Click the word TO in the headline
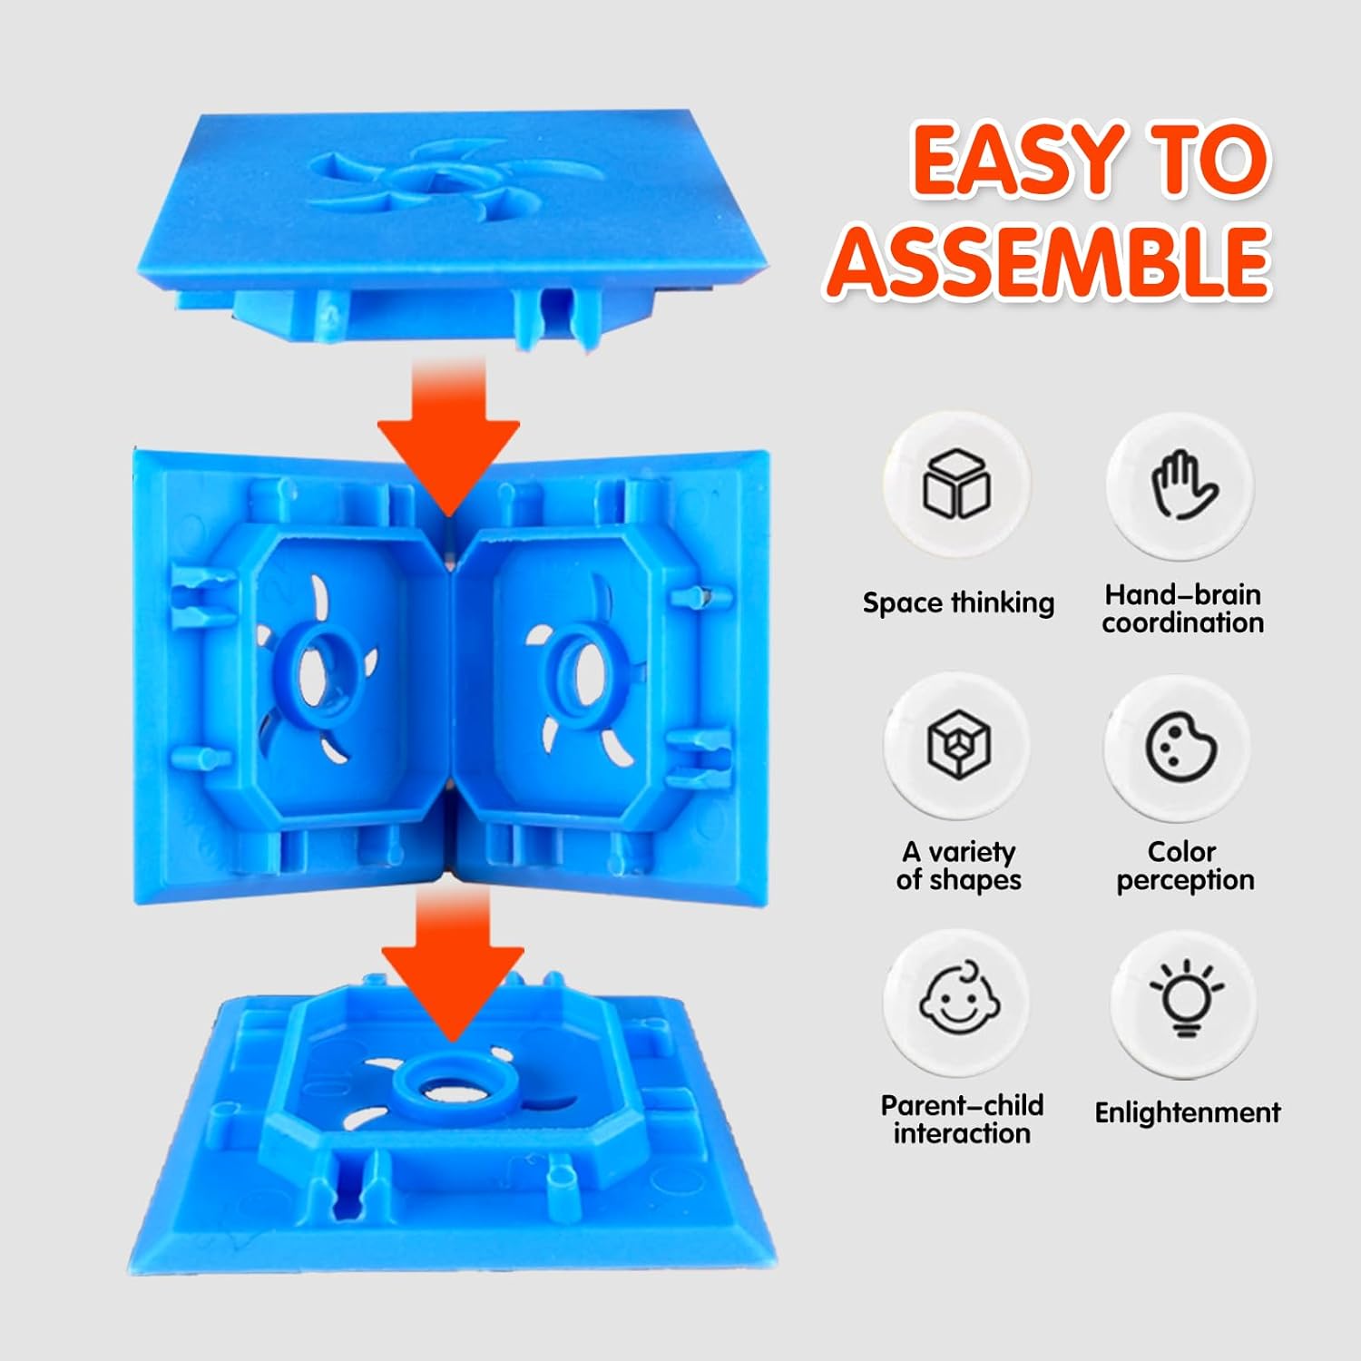tap(1206, 160)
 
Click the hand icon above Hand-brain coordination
tap(1180, 485)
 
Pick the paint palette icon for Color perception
tap(1180, 746)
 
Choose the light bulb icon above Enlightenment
tap(1185, 1000)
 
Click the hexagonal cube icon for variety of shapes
tap(958, 744)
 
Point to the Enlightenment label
tap(1187, 1112)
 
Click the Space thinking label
tap(958, 602)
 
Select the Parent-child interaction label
tap(962, 1119)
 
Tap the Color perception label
tap(1184, 866)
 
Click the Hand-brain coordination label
tap(1182, 609)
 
